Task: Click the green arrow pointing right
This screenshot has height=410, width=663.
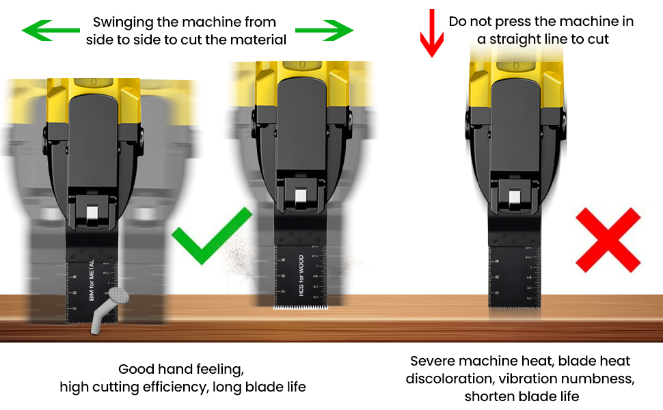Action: tap(324, 30)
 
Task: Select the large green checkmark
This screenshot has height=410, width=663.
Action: tap(210, 236)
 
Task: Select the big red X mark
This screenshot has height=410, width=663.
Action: tap(608, 240)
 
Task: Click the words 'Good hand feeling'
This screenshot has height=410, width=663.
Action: tap(182, 369)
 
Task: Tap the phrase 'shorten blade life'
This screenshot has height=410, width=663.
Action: tap(522, 396)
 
